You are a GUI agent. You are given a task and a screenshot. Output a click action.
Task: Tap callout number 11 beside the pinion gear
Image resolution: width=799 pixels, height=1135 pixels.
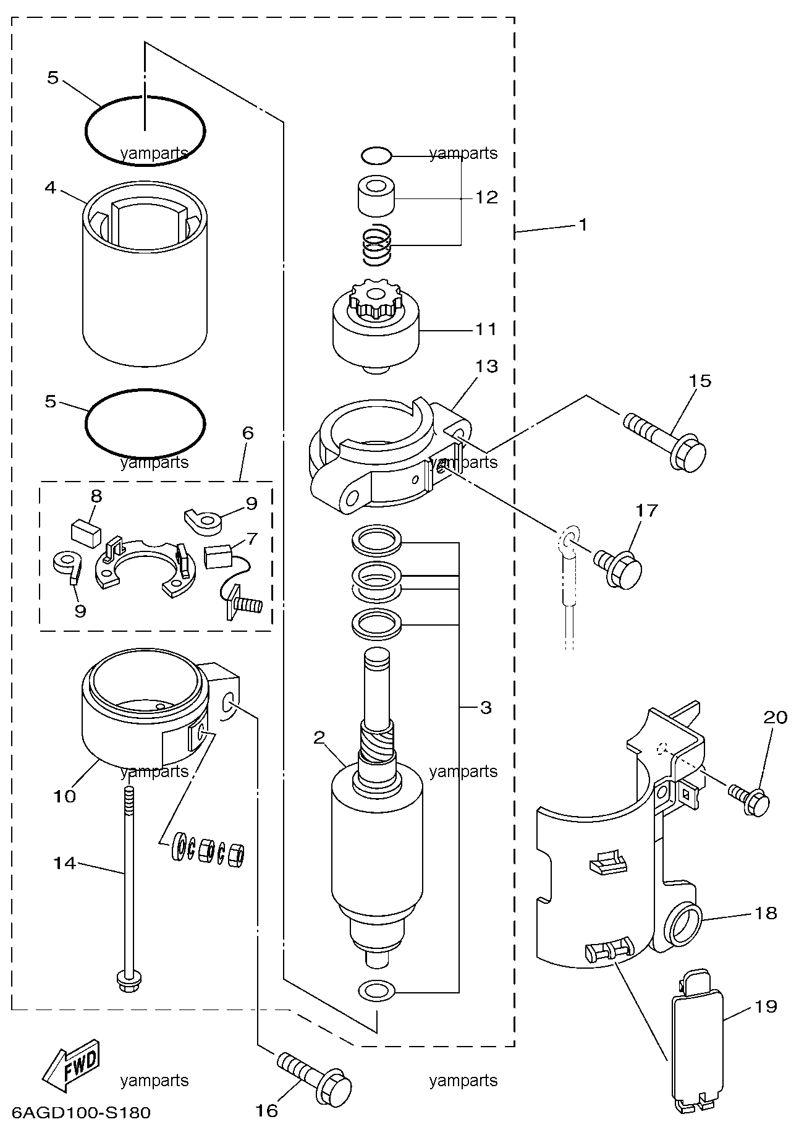coord(486,329)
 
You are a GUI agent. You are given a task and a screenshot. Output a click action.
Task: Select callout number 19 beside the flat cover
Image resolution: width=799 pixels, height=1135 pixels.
coord(766,1006)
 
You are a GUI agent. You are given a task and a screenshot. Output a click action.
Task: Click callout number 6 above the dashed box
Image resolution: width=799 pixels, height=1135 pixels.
coord(247,432)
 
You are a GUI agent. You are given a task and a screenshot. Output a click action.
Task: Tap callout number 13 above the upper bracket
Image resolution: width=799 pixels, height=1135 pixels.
coord(486,366)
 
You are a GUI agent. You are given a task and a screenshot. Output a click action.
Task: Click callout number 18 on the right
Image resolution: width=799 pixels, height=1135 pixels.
coord(766,912)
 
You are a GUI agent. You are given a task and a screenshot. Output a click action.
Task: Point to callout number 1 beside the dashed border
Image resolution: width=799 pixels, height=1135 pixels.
coord(581,224)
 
